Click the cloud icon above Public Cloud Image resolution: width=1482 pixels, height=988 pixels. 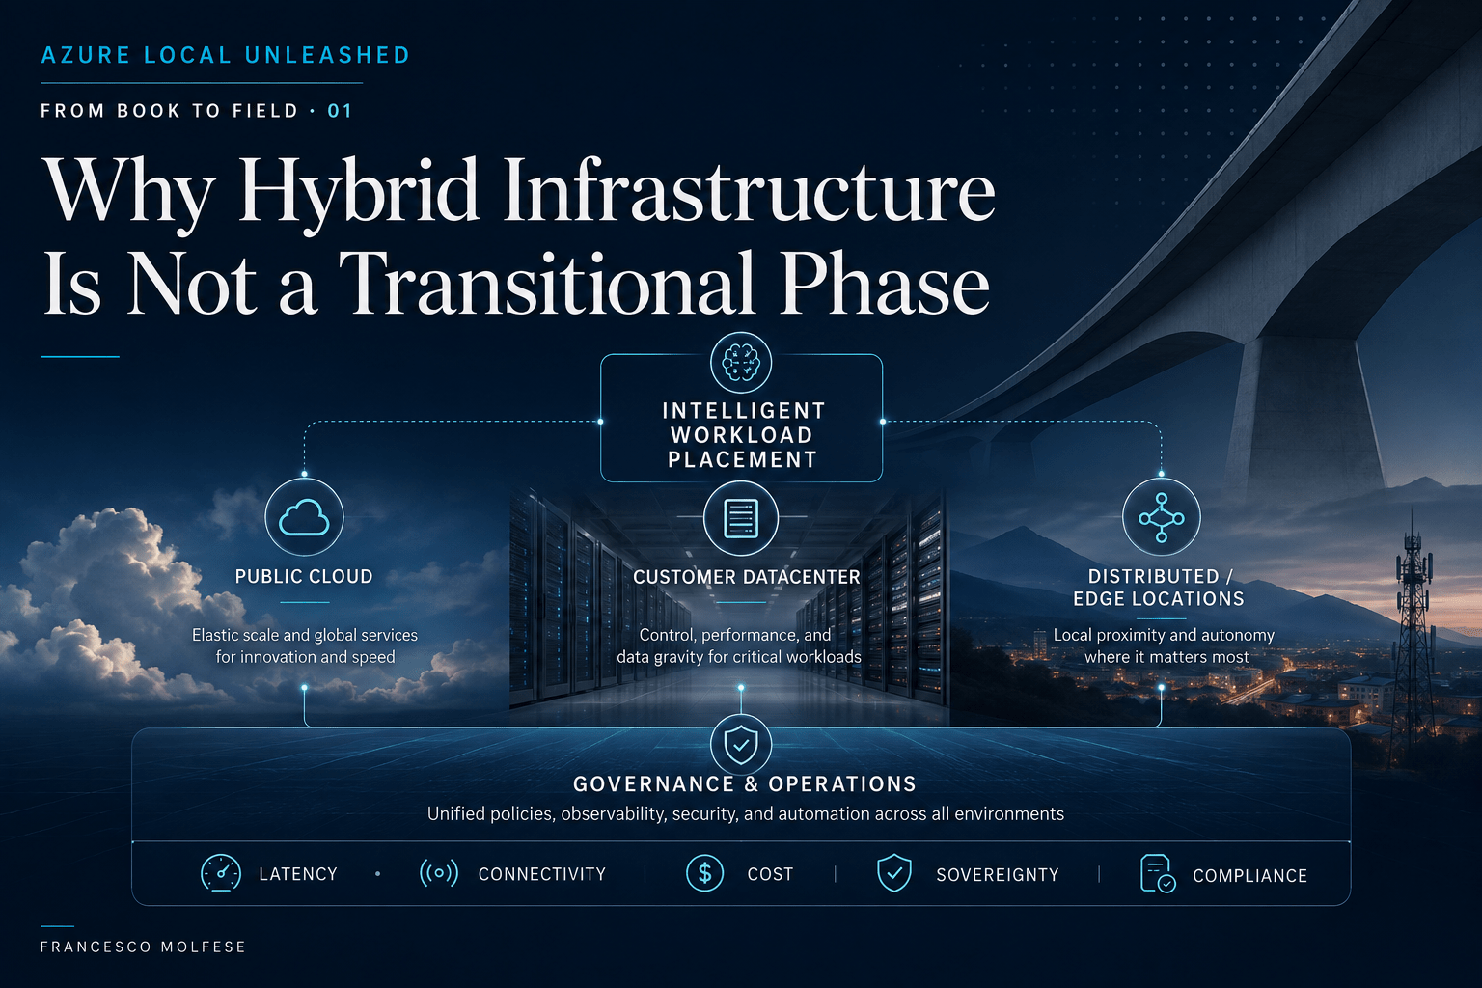(304, 517)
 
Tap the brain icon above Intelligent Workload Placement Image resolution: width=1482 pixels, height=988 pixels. (741, 363)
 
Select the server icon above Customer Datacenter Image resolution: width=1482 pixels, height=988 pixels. (741, 517)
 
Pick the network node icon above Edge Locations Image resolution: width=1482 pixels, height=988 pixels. (1161, 517)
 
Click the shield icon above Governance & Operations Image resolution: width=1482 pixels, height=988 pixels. (741, 745)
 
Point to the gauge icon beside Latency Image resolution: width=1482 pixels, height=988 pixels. (221, 873)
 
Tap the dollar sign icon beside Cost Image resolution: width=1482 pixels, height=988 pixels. (704, 873)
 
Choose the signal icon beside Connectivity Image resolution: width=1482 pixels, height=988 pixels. (439, 873)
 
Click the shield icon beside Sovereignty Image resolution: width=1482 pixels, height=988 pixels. (894, 873)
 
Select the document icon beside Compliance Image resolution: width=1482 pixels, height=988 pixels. (1157, 873)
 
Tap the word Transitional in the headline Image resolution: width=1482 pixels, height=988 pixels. (548, 283)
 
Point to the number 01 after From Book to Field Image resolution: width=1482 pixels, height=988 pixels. (340, 111)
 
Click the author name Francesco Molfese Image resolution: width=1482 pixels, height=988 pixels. (143, 947)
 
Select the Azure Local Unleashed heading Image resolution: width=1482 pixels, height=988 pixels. (226, 55)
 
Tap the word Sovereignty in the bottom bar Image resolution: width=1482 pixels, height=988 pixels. (998, 875)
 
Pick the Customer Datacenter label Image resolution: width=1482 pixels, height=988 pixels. (747, 577)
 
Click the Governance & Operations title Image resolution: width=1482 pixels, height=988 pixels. (745, 784)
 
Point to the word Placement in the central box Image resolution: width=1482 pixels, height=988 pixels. (742, 459)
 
